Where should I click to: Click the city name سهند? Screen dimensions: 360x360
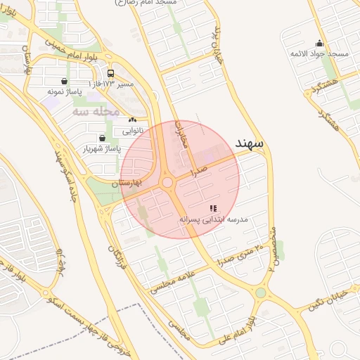coord(250,143)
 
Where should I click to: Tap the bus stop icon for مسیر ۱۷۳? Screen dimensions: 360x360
coord(110,73)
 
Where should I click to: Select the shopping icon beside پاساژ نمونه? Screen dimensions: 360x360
coord(65,81)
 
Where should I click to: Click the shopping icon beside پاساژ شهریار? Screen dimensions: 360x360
coord(103,138)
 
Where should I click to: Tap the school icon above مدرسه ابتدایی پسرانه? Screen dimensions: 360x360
coord(213,209)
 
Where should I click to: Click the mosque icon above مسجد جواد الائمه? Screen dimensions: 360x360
coord(319,43)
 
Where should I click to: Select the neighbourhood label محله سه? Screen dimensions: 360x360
coord(92,111)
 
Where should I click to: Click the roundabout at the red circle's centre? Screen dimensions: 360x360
coord(167,183)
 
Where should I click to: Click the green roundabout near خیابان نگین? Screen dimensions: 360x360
coord(260,292)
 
